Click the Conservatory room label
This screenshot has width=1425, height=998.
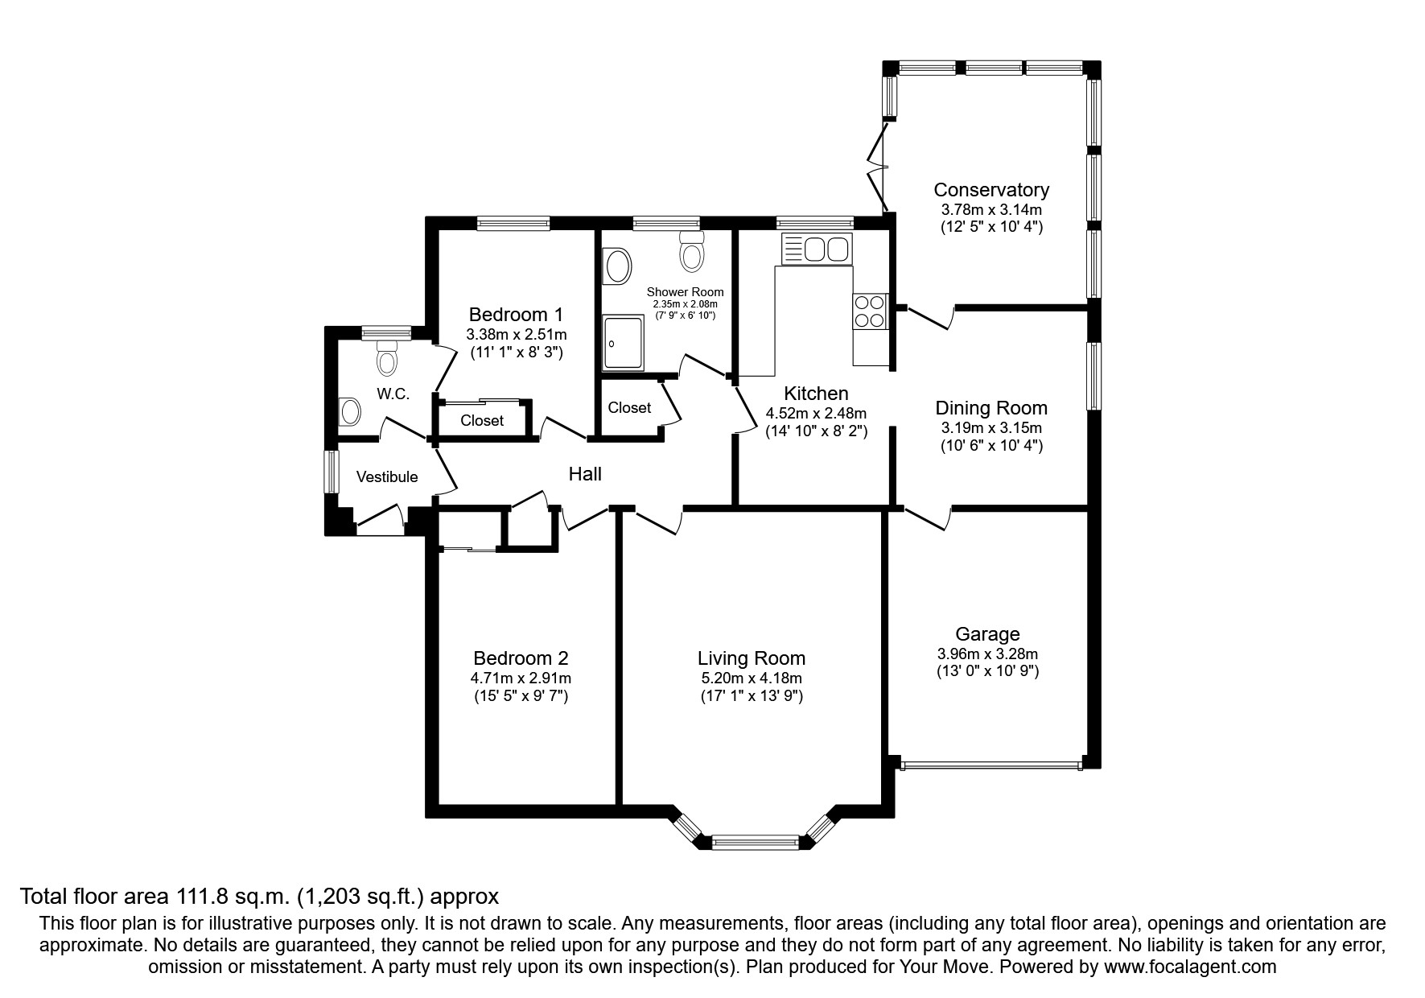tap(991, 190)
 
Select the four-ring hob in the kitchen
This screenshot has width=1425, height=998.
tap(870, 311)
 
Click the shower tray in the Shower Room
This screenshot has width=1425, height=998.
tap(624, 343)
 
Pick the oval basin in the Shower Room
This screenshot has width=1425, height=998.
tap(618, 266)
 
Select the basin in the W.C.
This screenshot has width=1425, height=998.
tap(350, 412)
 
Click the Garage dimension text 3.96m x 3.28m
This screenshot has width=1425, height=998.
tap(987, 654)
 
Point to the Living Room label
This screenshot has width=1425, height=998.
tap(751, 658)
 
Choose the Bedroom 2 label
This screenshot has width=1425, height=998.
tap(521, 658)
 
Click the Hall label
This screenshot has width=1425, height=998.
tap(585, 474)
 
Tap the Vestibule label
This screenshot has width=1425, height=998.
tap(387, 476)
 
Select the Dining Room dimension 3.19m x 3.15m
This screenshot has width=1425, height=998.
tap(991, 428)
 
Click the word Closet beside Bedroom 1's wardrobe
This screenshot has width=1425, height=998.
tap(482, 420)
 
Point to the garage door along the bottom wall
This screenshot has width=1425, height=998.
tap(990, 765)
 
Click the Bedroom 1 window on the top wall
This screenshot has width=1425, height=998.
tap(513, 223)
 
